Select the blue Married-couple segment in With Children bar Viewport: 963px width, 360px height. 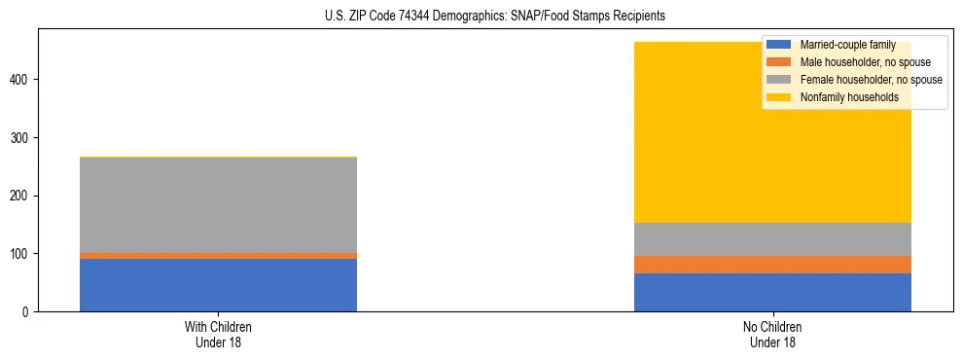[x=218, y=285]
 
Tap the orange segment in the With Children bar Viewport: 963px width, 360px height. [x=218, y=256]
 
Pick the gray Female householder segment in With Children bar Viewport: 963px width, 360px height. [x=218, y=205]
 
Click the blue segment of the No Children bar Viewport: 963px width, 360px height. [x=772, y=292]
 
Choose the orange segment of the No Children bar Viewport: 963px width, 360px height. [x=772, y=265]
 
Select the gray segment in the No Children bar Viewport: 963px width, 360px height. [x=772, y=239]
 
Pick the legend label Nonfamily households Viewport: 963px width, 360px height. [x=842, y=97]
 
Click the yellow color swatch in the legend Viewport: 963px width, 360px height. [x=779, y=97]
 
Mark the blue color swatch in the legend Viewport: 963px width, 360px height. [x=779, y=45]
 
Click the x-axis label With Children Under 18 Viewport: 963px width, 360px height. [x=218, y=335]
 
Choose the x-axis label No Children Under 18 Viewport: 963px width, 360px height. [x=772, y=335]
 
